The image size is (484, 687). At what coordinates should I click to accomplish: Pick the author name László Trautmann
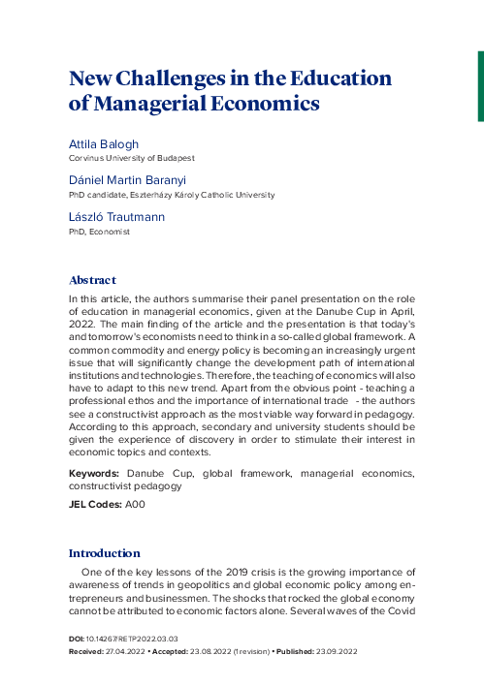116,218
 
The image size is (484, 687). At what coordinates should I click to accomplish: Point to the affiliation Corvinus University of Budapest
131,157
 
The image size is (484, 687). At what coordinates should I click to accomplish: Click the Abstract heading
93,279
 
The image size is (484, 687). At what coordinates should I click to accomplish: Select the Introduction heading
104,553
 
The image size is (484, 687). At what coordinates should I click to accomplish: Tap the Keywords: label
94,474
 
